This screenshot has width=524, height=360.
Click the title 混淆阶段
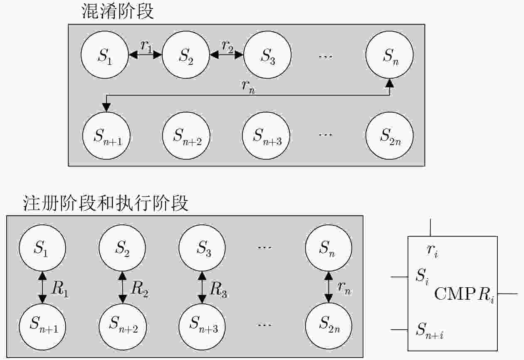[117, 12]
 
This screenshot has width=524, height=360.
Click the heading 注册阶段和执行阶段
[106, 203]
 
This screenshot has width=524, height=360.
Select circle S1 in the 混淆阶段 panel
[104, 55]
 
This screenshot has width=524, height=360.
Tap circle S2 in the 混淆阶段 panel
[186, 55]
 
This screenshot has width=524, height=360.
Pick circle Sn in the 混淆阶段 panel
[390, 55]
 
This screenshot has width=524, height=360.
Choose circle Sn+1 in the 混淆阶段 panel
[106, 136]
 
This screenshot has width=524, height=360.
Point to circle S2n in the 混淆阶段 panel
[390, 136]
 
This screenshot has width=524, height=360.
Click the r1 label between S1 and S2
[146, 46]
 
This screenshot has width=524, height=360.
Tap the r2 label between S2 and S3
[227, 46]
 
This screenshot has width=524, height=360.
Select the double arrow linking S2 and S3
[227, 55]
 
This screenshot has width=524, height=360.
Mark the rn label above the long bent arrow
[248, 86]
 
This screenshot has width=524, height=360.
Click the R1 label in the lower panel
[59, 289]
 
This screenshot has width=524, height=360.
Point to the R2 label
[140, 289]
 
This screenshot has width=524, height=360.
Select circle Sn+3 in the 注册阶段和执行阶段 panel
[202, 326]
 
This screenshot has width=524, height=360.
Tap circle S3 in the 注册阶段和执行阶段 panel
[202, 248]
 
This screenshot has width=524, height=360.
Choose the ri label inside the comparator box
[433, 251]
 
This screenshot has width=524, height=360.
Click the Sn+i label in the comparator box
[430, 330]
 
